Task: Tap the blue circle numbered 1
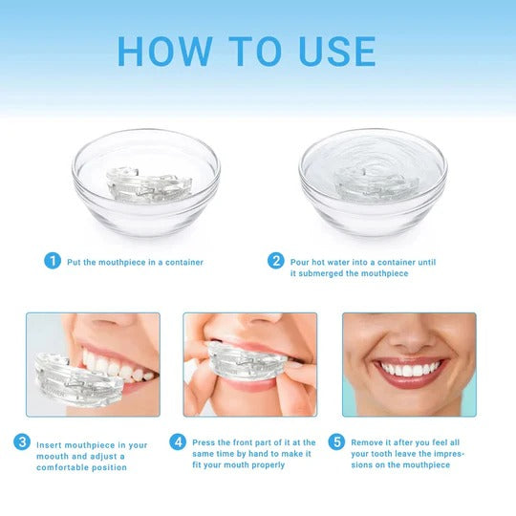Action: pos(53,260)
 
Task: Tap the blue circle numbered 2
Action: pos(276,260)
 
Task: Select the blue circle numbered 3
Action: pos(21,441)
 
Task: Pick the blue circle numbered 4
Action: pos(178,441)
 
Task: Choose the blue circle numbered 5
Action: pos(335,441)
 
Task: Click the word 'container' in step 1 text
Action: pos(182,261)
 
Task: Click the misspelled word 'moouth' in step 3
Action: pos(54,456)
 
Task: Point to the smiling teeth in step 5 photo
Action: pos(409,369)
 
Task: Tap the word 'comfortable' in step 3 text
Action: pos(64,467)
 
